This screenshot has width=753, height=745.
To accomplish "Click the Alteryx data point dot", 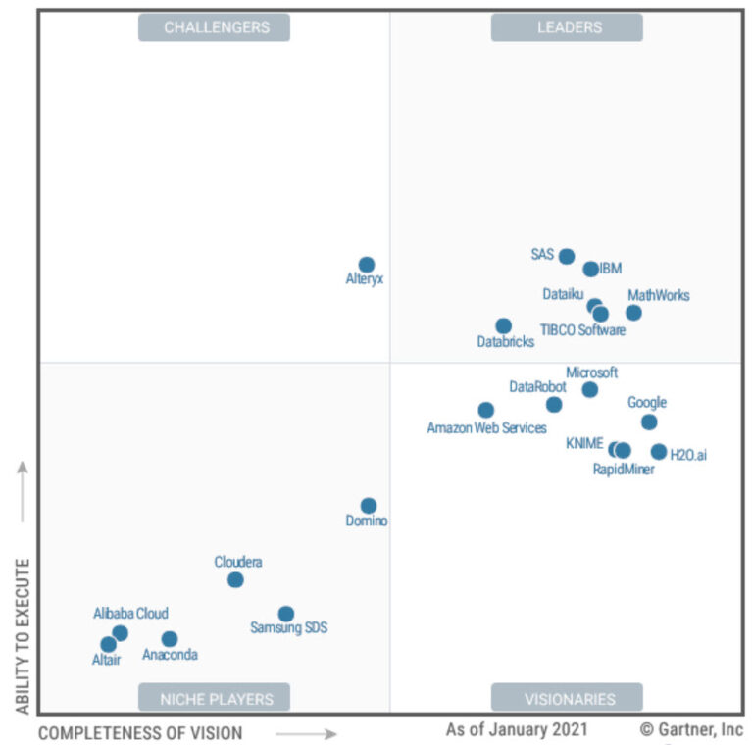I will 367,265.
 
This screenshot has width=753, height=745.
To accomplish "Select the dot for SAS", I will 567,256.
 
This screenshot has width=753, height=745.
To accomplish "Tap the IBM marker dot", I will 590,269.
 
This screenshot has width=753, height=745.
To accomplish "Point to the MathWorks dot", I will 634,313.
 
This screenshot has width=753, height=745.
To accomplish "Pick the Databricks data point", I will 503,325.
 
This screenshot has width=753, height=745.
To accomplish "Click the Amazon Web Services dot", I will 486,410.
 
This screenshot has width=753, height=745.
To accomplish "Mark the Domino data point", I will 368,506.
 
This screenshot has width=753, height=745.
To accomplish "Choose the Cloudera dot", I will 235,579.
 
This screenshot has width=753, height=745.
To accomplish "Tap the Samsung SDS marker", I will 285,614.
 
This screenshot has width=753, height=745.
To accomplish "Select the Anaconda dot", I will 170,639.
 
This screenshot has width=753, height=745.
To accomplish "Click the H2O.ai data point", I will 659,452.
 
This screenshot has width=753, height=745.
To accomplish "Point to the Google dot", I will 649,422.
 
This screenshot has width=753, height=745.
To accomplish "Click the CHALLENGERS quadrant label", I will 214,27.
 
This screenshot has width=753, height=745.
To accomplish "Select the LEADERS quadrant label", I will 567,27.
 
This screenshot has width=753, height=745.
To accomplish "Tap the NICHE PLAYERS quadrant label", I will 214,698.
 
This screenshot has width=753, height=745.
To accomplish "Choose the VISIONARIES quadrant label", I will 567,698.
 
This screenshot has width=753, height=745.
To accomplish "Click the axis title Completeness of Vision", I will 140,733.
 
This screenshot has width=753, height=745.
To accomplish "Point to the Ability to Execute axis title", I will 24,636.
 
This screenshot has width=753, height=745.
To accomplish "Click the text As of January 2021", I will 517,729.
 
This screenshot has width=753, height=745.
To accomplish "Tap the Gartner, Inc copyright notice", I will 691,729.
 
